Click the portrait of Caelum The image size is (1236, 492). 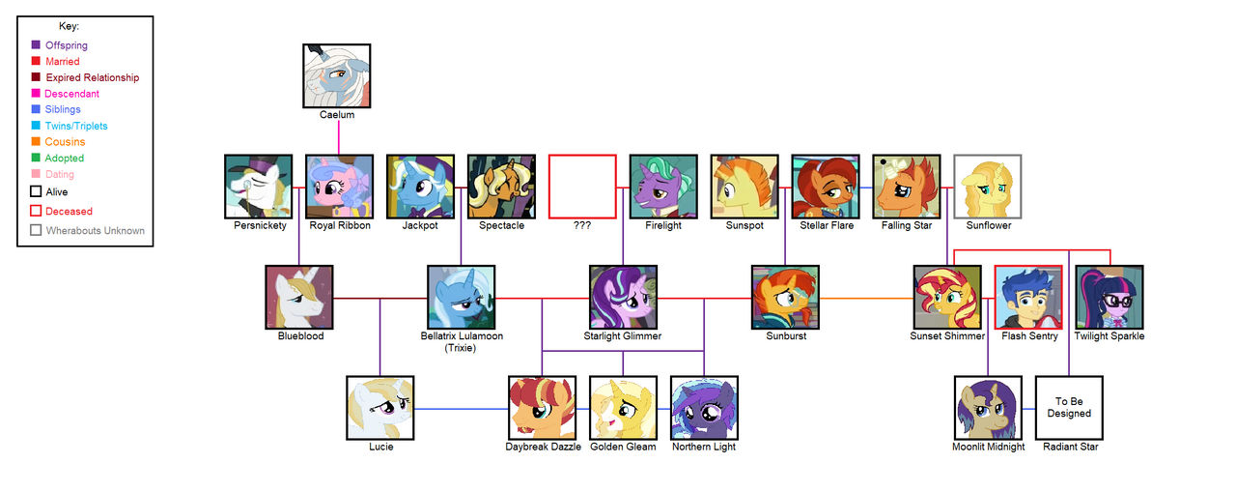[338, 75]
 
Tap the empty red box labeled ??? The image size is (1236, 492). [582, 187]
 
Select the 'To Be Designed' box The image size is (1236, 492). [1069, 408]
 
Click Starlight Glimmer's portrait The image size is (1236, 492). [623, 298]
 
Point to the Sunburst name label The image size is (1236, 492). [785, 336]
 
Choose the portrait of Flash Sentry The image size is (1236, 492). [1028, 298]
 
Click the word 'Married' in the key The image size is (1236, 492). [63, 62]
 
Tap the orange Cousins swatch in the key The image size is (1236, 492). [36, 142]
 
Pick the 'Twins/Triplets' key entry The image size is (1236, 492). [76, 126]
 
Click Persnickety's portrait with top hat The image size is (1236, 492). [258, 187]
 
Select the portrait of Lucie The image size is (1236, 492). [380, 408]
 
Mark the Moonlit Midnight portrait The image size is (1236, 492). [988, 408]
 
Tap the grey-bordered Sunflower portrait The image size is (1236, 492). [987, 187]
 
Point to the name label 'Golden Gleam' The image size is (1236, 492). [623, 447]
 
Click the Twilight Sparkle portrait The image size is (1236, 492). [1110, 298]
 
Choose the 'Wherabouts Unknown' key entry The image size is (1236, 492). [95, 230]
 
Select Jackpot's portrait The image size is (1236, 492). [420, 187]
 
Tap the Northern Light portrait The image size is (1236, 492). [704, 408]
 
